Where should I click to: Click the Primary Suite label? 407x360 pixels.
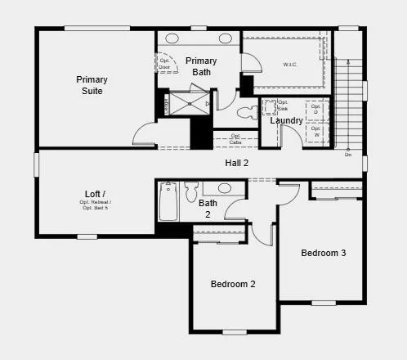pyautogui.click(x=92, y=85)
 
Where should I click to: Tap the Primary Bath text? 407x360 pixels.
pyautogui.click(x=201, y=66)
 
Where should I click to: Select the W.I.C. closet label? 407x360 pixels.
pyautogui.click(x=290, y=64)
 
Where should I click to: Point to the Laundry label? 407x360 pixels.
pyautogui.click(x=286, y=120)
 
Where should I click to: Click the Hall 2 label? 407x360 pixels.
pyautogui.click(x=237, y=163)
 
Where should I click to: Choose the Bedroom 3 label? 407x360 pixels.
pyautogui.click(x=323, y=253)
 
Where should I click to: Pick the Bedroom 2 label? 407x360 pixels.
pyautogui.click(x=233, y=284)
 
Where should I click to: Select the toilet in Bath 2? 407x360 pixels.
pyautogui.click(x=191, y=192)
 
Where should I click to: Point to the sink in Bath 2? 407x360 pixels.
pyautogui.click(x=224, y=187)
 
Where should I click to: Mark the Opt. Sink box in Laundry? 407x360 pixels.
pyautogui.click(x=271, y=107)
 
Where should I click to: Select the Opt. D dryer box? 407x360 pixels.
pyautogui.click(x=315, y=109)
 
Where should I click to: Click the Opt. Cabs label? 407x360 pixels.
pyautogui.click(x=235, y=139)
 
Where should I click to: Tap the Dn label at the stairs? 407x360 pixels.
pyautogui.click(x=347, y=154)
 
